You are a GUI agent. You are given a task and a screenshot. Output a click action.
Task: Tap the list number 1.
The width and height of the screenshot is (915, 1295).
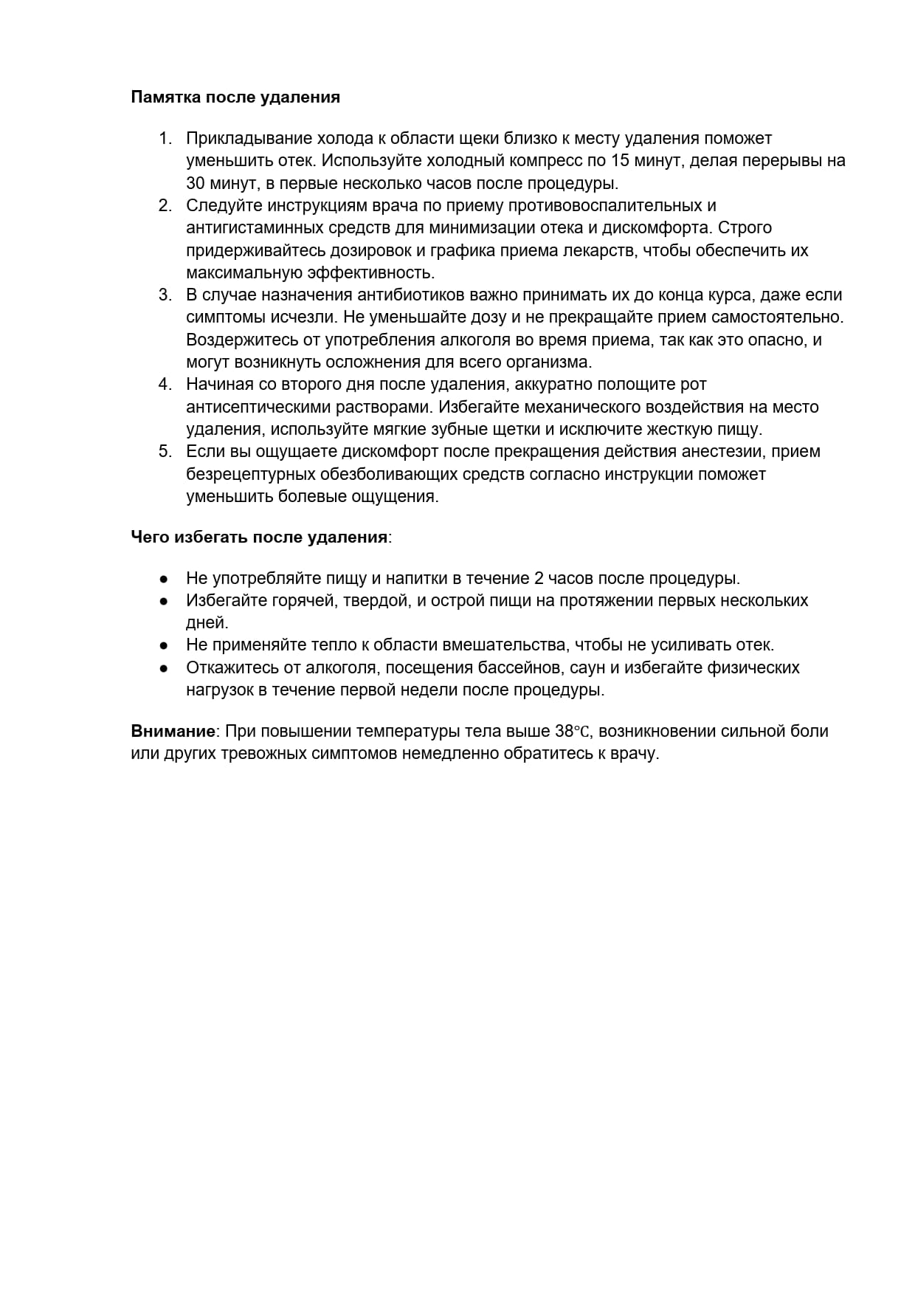165,139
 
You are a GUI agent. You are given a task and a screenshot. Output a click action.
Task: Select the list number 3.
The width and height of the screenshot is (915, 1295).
165,295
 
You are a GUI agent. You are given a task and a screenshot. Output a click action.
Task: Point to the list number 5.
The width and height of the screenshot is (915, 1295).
165,452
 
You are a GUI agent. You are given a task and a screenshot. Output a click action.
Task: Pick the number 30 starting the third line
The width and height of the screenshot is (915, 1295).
197,183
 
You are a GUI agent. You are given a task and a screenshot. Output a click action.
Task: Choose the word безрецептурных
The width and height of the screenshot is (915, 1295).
249,474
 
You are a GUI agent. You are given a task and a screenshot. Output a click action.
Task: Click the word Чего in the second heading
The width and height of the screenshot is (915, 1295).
150,537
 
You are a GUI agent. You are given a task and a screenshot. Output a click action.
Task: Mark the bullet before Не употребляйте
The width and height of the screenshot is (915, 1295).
165,579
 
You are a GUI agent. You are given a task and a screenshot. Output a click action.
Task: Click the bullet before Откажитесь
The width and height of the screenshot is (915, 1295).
165,668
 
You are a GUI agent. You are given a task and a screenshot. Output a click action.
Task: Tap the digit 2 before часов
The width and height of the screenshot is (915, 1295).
539,579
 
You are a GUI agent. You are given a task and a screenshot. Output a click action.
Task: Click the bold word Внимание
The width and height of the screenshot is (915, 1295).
173,732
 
